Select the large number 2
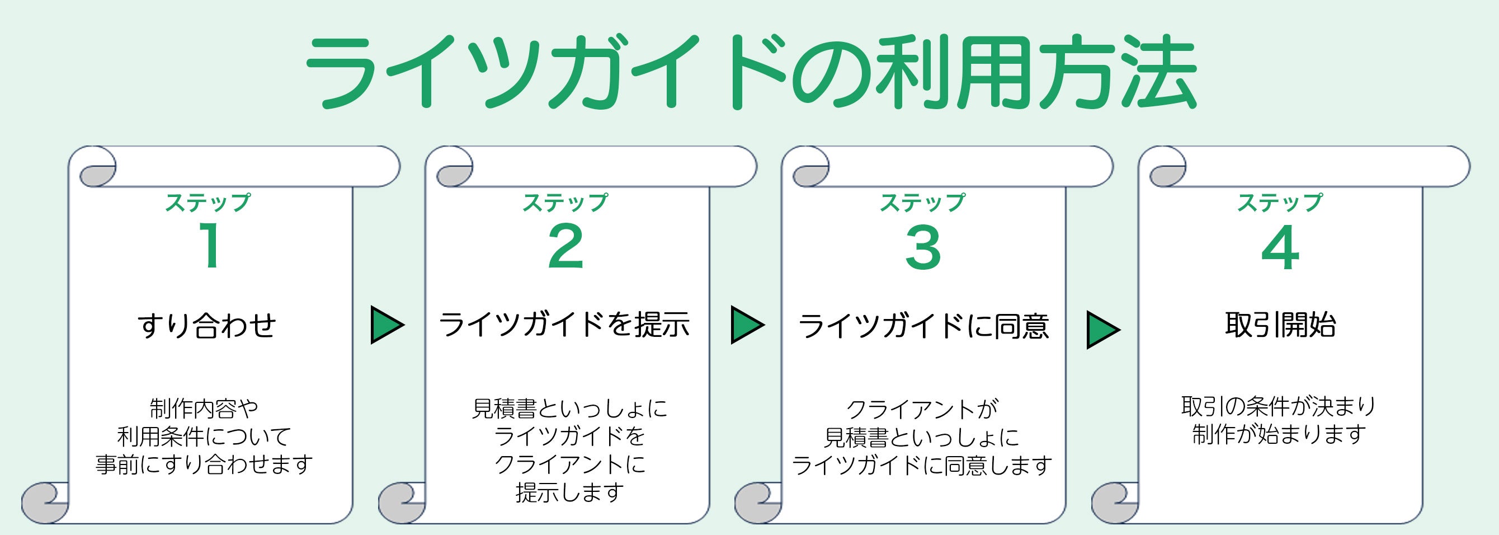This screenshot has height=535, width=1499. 565,247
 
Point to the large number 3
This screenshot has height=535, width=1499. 923,247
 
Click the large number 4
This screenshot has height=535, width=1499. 1280,247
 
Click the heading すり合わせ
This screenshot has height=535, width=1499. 207,325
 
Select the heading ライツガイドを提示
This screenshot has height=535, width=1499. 564,324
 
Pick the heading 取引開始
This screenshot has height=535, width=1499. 1280,324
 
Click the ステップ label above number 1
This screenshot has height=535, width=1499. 208,203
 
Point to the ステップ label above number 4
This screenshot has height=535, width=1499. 1280,203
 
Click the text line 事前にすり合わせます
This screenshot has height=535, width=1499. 204,464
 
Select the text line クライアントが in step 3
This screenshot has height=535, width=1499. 922,409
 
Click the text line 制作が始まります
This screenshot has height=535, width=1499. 1279,434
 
